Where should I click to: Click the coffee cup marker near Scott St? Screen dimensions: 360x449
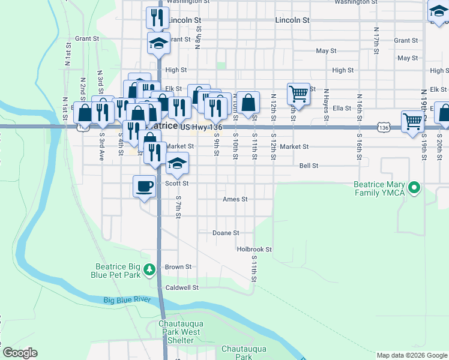(x=145, y=186)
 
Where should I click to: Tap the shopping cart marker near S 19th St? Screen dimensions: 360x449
(x=413, y=121)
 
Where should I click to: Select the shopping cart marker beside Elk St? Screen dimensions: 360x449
(x=298, y=94)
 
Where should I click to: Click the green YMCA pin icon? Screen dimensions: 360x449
(x=414, y=188)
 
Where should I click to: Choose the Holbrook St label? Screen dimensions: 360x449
(x=255, y=249)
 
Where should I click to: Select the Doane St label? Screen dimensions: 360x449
(x=226, y=233)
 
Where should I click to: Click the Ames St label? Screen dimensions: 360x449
(x=235, y=199)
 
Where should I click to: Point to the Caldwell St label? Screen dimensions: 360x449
(x=182, y=287)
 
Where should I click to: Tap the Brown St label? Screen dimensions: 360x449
(x=178, y=267)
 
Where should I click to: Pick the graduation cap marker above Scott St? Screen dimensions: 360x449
(x=178, y=163)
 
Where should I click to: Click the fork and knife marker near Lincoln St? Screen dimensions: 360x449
(x=157, y=17)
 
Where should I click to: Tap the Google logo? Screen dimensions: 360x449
(x=20, y=353)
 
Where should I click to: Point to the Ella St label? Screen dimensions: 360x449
(x=342, y=108)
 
